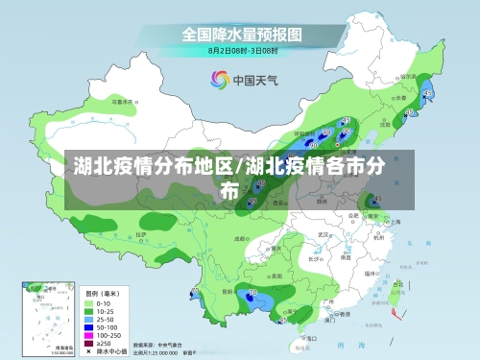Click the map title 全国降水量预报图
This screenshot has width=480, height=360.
[243, 33]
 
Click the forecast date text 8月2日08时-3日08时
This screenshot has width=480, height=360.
[243, 49]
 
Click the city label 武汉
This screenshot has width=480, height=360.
[324, 233]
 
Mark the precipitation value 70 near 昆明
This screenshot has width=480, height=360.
[253, 293]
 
